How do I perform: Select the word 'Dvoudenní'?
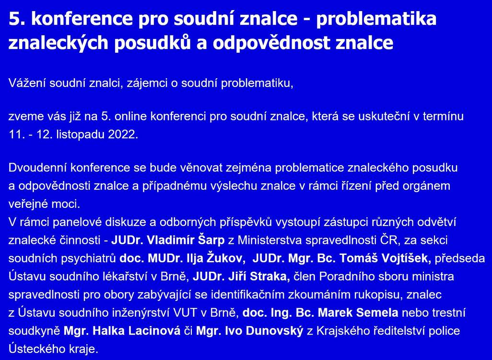[37, 168]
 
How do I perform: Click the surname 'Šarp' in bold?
[212, 240]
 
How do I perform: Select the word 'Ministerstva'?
[270, 240]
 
